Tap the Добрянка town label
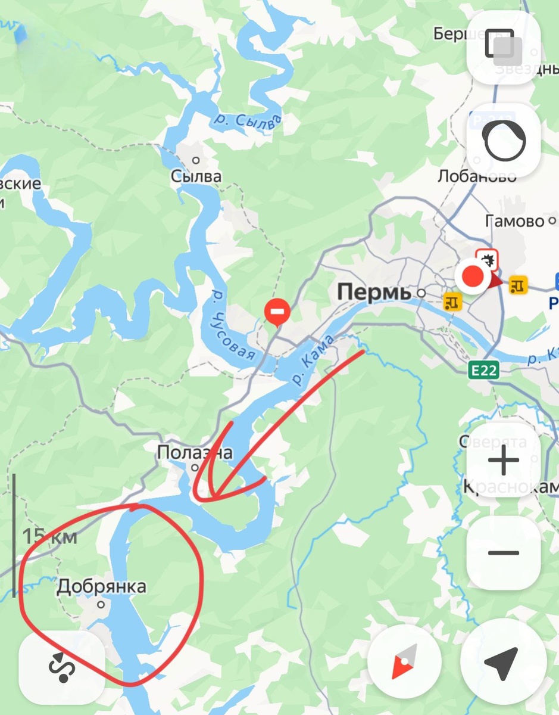[101, 587]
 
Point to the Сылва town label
[196, 176]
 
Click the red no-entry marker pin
[277, 312]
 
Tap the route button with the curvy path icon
[62, 666]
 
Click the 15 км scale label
[50, 536]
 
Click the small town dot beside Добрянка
[101, 604]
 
